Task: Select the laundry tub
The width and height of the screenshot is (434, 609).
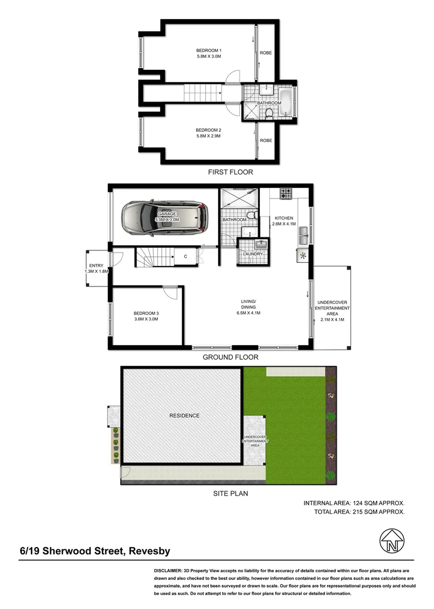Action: pos(261,244)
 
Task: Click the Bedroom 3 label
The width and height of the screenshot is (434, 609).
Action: pos(145,313)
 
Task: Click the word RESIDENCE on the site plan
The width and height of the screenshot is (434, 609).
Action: pos(184,416)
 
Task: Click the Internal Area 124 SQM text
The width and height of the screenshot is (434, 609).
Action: pos(353,502)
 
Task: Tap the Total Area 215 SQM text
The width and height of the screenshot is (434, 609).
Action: pos(359,512)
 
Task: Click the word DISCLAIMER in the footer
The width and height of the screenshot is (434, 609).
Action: pos(171,571)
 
